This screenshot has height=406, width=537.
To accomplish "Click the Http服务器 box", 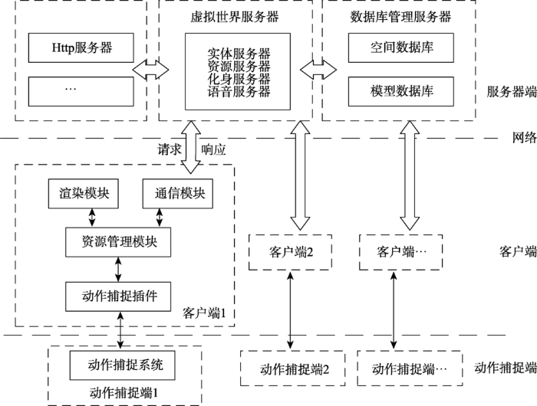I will (x=81, y=47).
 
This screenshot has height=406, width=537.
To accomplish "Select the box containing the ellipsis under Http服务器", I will (x=81, y=90).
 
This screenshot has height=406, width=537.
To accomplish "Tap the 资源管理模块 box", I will (x=120, y=241).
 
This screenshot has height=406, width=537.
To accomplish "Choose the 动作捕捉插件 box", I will (x=120, y=295).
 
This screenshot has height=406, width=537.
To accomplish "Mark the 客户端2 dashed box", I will (x=290, y=252).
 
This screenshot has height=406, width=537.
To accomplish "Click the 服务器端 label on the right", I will (x=511, y=90).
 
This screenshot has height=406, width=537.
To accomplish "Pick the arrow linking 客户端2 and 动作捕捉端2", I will (x=289, y=309).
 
